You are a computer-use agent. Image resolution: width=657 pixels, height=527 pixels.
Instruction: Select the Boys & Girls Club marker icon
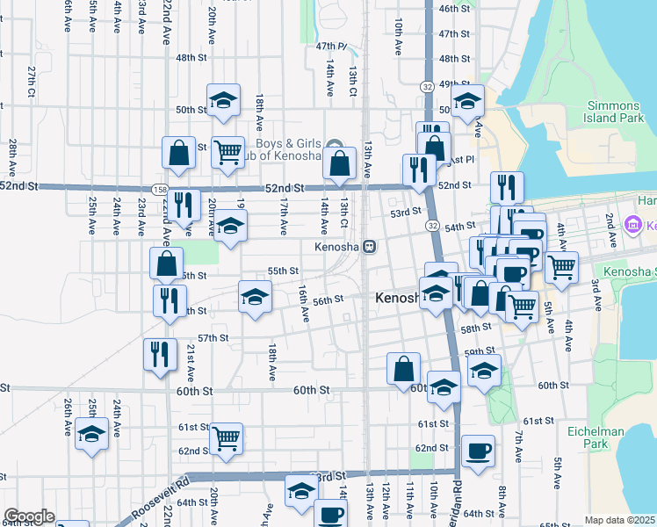(x=334, y=145)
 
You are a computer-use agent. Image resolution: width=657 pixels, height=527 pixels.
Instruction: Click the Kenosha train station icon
(x=371, y=247)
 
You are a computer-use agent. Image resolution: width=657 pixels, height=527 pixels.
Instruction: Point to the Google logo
(x=29, y=516)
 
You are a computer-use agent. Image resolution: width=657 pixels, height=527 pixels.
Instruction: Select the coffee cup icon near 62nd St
(x=478, y=451)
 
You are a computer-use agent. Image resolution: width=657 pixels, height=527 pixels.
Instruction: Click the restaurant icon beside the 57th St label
(x=160, y=354)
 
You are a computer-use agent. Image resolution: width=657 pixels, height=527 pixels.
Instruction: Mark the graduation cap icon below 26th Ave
(x=91, y=434)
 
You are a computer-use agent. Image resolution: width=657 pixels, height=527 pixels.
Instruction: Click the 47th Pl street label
(x=331, y=46)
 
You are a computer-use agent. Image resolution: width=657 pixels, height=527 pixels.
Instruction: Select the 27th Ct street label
(x=31, y=81)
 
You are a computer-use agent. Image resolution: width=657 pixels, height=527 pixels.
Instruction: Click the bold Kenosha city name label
(x=401, y=299)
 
